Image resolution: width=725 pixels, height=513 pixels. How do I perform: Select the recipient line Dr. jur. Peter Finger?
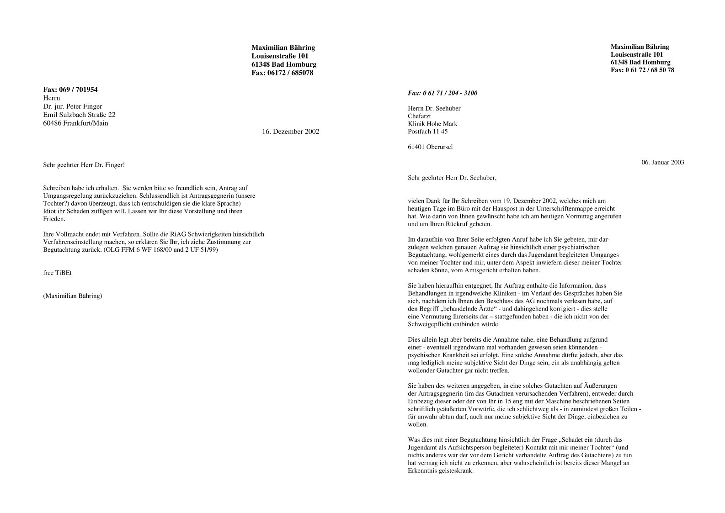pyautogui.click(x=72, y=106)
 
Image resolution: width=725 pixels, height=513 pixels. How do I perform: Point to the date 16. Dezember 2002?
pyautogui.click(x=290, y=132)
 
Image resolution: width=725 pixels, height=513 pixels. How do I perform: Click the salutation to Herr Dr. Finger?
pyautogui.click(x=84, y=164)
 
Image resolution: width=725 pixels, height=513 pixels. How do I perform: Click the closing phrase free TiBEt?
pyautogui.click(x=57, y=273)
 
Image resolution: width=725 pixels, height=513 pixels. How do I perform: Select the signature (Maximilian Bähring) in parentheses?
pyautogui.click(x=73, y=296)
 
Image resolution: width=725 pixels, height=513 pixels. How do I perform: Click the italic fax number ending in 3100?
pyautogui.click(x=442, y=93)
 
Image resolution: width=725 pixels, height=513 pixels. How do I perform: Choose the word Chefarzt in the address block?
pyautogui.click(x=419, y=116)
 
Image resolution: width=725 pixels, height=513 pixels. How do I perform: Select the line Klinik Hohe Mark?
pyautogui.click(x=432, y=124)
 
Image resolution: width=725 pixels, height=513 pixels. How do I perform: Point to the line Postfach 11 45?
pyautogui.click(x=427, y=132)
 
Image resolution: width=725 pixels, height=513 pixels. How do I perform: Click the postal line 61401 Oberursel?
pyautogui.click(x=430, y=147)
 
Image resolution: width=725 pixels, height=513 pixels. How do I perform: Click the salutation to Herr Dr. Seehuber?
pyautogui.click(x=452, y=178)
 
